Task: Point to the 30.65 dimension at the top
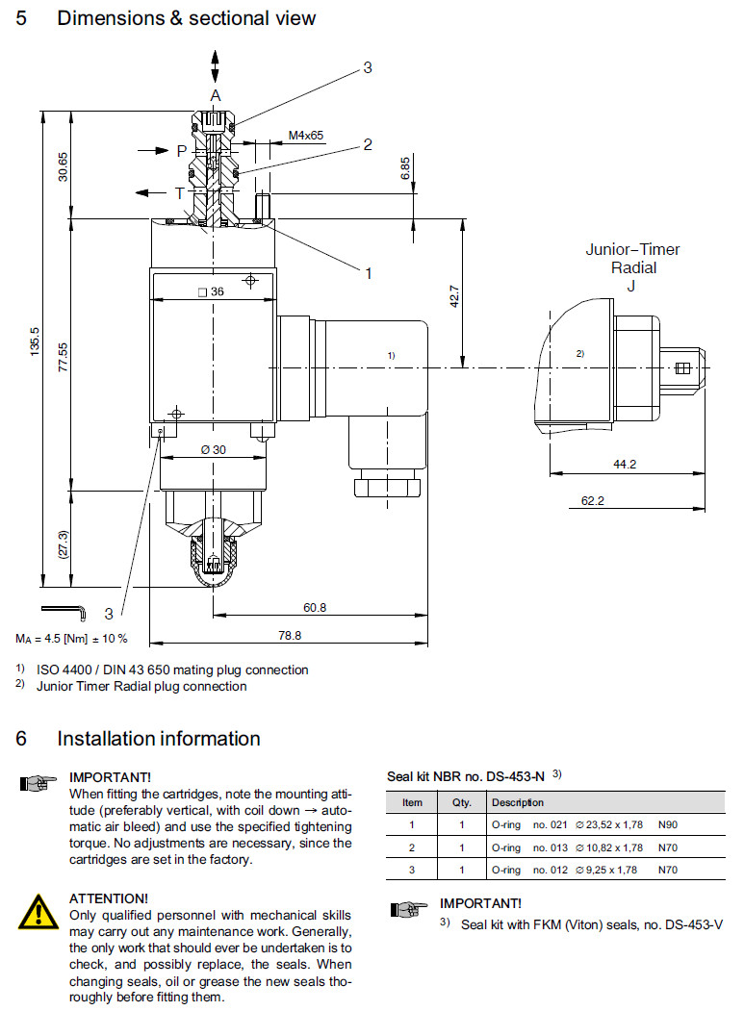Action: tap(64, 166)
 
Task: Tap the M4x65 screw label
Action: tap(306, 136)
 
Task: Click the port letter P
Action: tap(181, 151)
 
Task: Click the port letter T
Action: tap(179, 192)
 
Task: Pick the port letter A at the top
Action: tap(216, 95)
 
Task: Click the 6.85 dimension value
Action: tap(406, 167)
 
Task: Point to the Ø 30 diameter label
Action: tap(212, 450)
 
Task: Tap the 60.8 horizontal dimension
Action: tap(315, 607)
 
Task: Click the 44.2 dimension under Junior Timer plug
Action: tap(626, 464)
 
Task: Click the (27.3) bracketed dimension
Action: tap(64, 545)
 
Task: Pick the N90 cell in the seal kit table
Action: tap(669, 824)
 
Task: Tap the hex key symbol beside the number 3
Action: tap(64, 610)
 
